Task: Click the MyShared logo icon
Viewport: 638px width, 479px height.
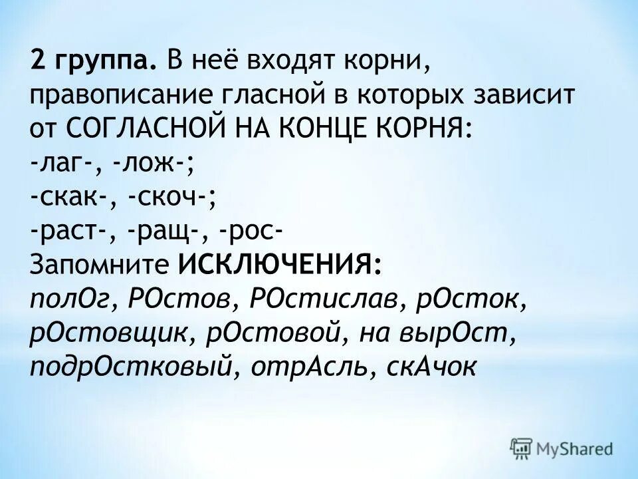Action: coord(520,448)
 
